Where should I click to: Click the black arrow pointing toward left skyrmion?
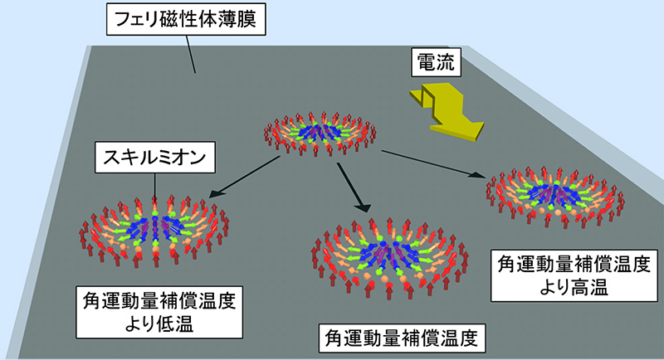pos(242,175)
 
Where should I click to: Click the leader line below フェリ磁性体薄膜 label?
pos(192,56)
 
